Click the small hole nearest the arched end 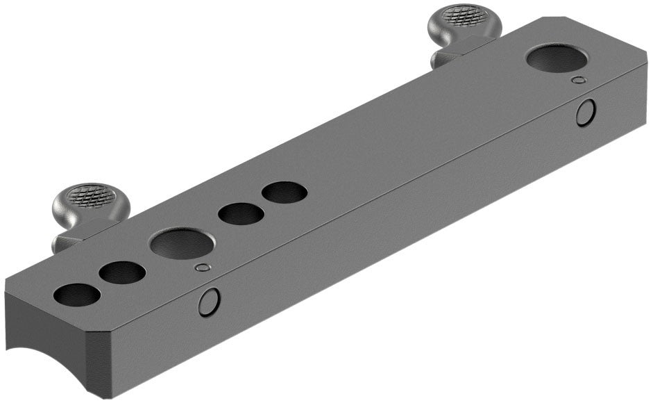(x=76, y=295)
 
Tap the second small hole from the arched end (x=122, y=272)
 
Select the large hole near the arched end (x=180, y=244)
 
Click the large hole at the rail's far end (x=557, y=58)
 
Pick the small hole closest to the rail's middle (x=285, y=192)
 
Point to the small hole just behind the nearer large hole (x=240, y=213)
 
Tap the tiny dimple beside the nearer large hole (x=202, y=268)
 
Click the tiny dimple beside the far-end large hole (x=577, y=81)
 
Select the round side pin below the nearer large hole (x=209, y=302)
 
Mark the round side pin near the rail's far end (x=586, y=113)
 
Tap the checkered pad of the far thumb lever (x=461, y=14)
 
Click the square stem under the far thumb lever (x=444, y=58)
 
